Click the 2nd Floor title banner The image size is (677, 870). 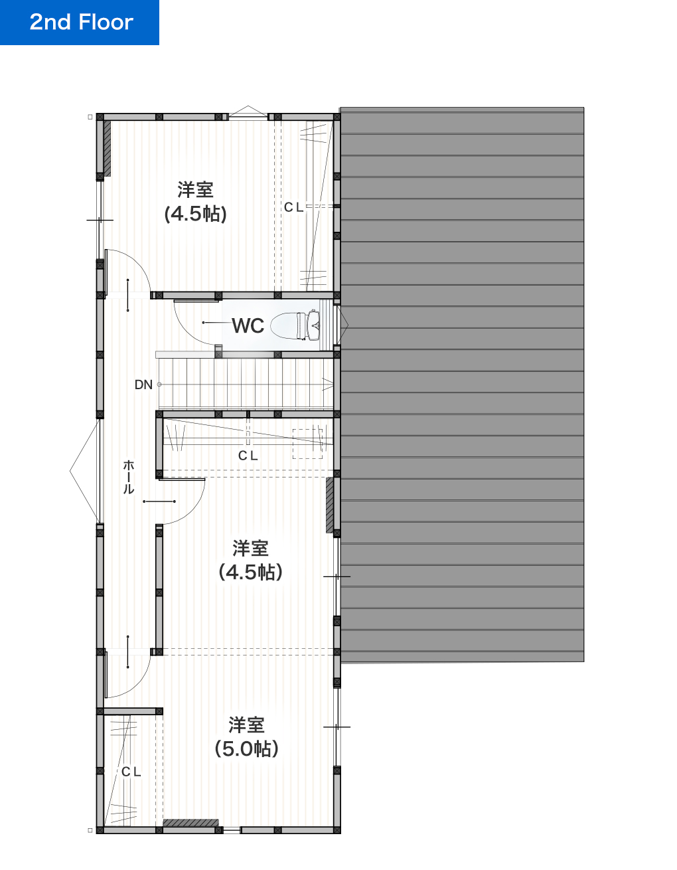click(x=80, y=23)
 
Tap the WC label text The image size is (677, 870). click(x=248, y=326)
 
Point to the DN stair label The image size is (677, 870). click(x=143, y=385)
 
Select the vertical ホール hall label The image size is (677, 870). click(x=128, y=477)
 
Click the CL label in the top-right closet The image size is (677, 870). click(x=293, y=207)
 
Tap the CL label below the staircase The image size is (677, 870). click(x=248, y=456)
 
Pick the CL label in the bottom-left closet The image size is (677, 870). click(x=131, y=772)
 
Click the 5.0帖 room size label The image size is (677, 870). click(x=246, y=748)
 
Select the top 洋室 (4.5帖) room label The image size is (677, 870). click(x=195, y=202)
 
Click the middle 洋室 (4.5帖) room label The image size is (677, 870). click(x=250, y=560)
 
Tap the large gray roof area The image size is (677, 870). click(x=462, y=385)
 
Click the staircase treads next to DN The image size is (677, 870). click(x=246, y=384)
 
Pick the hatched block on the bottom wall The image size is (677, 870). click(x=190, y=823)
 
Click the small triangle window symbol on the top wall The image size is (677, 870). click(x=248, y=111)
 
